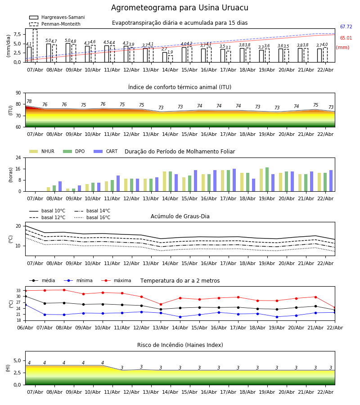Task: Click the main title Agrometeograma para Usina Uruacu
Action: [x=180, y=8]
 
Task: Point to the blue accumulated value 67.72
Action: [x=346, y=27]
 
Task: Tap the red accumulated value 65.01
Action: [x=346, y=38]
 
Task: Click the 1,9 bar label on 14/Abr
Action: [x=170, y=52]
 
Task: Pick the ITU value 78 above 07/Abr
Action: [x=29, y=102]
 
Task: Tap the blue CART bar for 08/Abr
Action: [x=60, y=186]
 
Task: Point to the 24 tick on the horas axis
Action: [x=17, y=158]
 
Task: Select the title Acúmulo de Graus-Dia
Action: [x=180, y=216]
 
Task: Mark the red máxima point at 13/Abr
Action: [x=161, y=304]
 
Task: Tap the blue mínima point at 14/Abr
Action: [x=180, y=317]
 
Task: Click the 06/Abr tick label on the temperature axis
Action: [x=25, y=327]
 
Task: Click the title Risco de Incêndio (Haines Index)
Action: [x=180, y=345]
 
